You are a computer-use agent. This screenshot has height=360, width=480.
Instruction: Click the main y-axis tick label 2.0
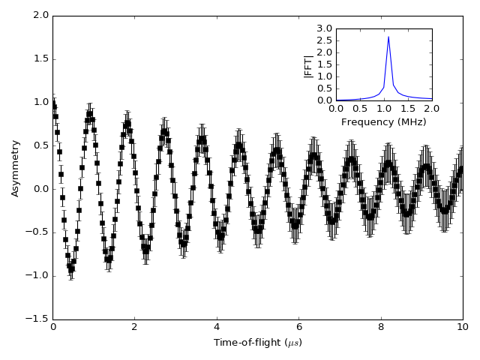tap(41, 15)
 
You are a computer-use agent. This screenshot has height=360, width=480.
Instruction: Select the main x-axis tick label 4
tap(217, 328)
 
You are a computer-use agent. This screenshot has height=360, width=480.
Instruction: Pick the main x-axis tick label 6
tap(298, 328)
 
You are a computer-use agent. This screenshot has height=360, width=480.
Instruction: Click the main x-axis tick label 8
tap(381, 328)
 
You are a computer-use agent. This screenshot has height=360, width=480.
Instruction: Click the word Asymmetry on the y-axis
tap(16, 168)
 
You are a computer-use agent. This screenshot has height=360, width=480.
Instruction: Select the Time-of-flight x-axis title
tap(258, 343)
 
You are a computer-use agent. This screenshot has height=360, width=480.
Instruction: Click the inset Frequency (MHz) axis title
tap(383, 122)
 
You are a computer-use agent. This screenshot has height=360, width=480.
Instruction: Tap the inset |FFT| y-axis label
tap(308, 65)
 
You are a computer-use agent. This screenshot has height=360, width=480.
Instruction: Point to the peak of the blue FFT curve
tap(388, 36)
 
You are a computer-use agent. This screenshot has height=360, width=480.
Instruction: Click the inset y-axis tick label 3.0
tap(324, 28)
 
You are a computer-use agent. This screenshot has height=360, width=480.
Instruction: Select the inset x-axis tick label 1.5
tap(408, 109)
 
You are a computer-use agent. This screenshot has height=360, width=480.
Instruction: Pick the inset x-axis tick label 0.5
tap(360, 109)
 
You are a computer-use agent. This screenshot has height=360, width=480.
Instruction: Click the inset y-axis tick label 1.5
tap(324, 64)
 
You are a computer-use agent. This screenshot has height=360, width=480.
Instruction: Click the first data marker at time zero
tap(53, 105)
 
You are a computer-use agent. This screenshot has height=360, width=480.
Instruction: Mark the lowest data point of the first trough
tap(71, 269)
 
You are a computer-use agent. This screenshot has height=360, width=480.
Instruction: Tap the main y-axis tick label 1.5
tap(41, 58)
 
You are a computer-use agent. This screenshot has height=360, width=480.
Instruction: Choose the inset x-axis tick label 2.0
tap(432, 109)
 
